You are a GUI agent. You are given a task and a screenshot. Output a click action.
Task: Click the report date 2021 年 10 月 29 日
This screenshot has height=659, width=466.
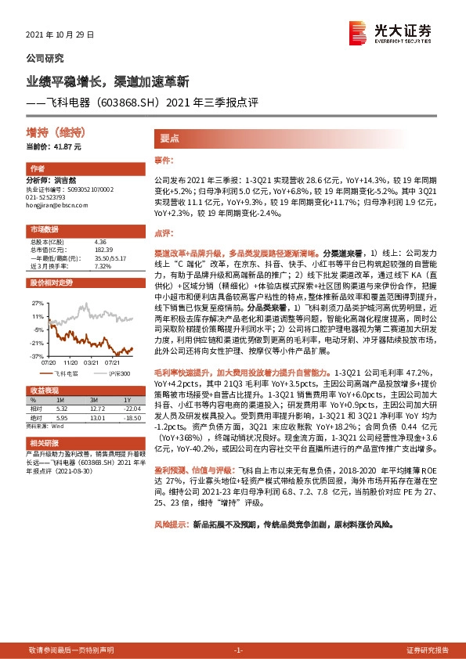click(60, 35)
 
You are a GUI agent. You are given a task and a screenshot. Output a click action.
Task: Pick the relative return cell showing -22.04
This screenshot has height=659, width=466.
click(126, 408)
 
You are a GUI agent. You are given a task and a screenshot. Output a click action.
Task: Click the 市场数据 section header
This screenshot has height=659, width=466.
click(44, 229)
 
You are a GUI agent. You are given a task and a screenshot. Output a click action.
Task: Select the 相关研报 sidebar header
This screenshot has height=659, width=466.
click(44, 443)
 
